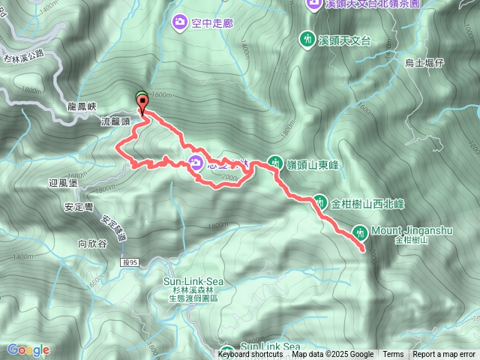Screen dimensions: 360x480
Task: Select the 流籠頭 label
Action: click(115, 120)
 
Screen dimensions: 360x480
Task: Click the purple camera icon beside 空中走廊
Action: click(180, 23)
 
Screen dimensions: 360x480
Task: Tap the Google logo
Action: click(28, 349)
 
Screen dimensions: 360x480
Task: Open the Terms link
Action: click(393, 355)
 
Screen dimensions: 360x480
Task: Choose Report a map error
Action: click(445, 355)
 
